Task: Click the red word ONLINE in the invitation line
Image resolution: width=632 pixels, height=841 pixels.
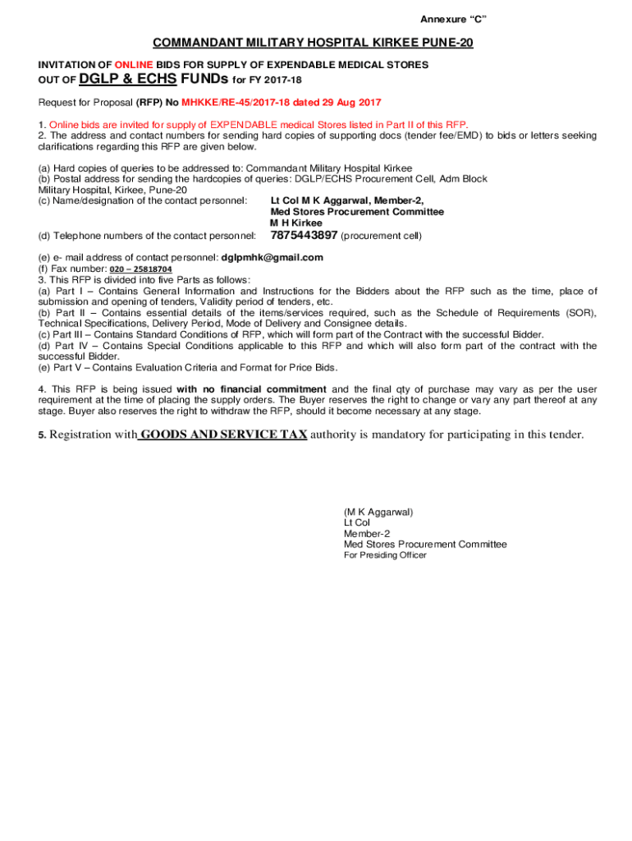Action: pyautogui.click(x=134, y=64)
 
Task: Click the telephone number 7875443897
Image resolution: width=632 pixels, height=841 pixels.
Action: pyautogui.click(x=304, y=236)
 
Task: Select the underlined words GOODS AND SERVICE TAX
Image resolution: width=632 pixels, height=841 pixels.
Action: pyautogui.click(x=222, y=434)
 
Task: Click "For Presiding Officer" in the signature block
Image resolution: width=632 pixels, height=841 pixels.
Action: pyautogui.click(x=384, y=555)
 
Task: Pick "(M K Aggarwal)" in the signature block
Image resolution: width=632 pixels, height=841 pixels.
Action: pyautogui.click(x=378, y=512)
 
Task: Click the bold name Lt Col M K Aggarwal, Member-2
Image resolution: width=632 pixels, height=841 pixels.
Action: pyautogui.click(x=347, y=200)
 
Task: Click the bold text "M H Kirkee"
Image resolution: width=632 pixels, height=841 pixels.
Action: pyautogui.click(x=296, y=223)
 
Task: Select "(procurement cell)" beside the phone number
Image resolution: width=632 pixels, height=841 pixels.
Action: pyautogui.click(x=381, y=237)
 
